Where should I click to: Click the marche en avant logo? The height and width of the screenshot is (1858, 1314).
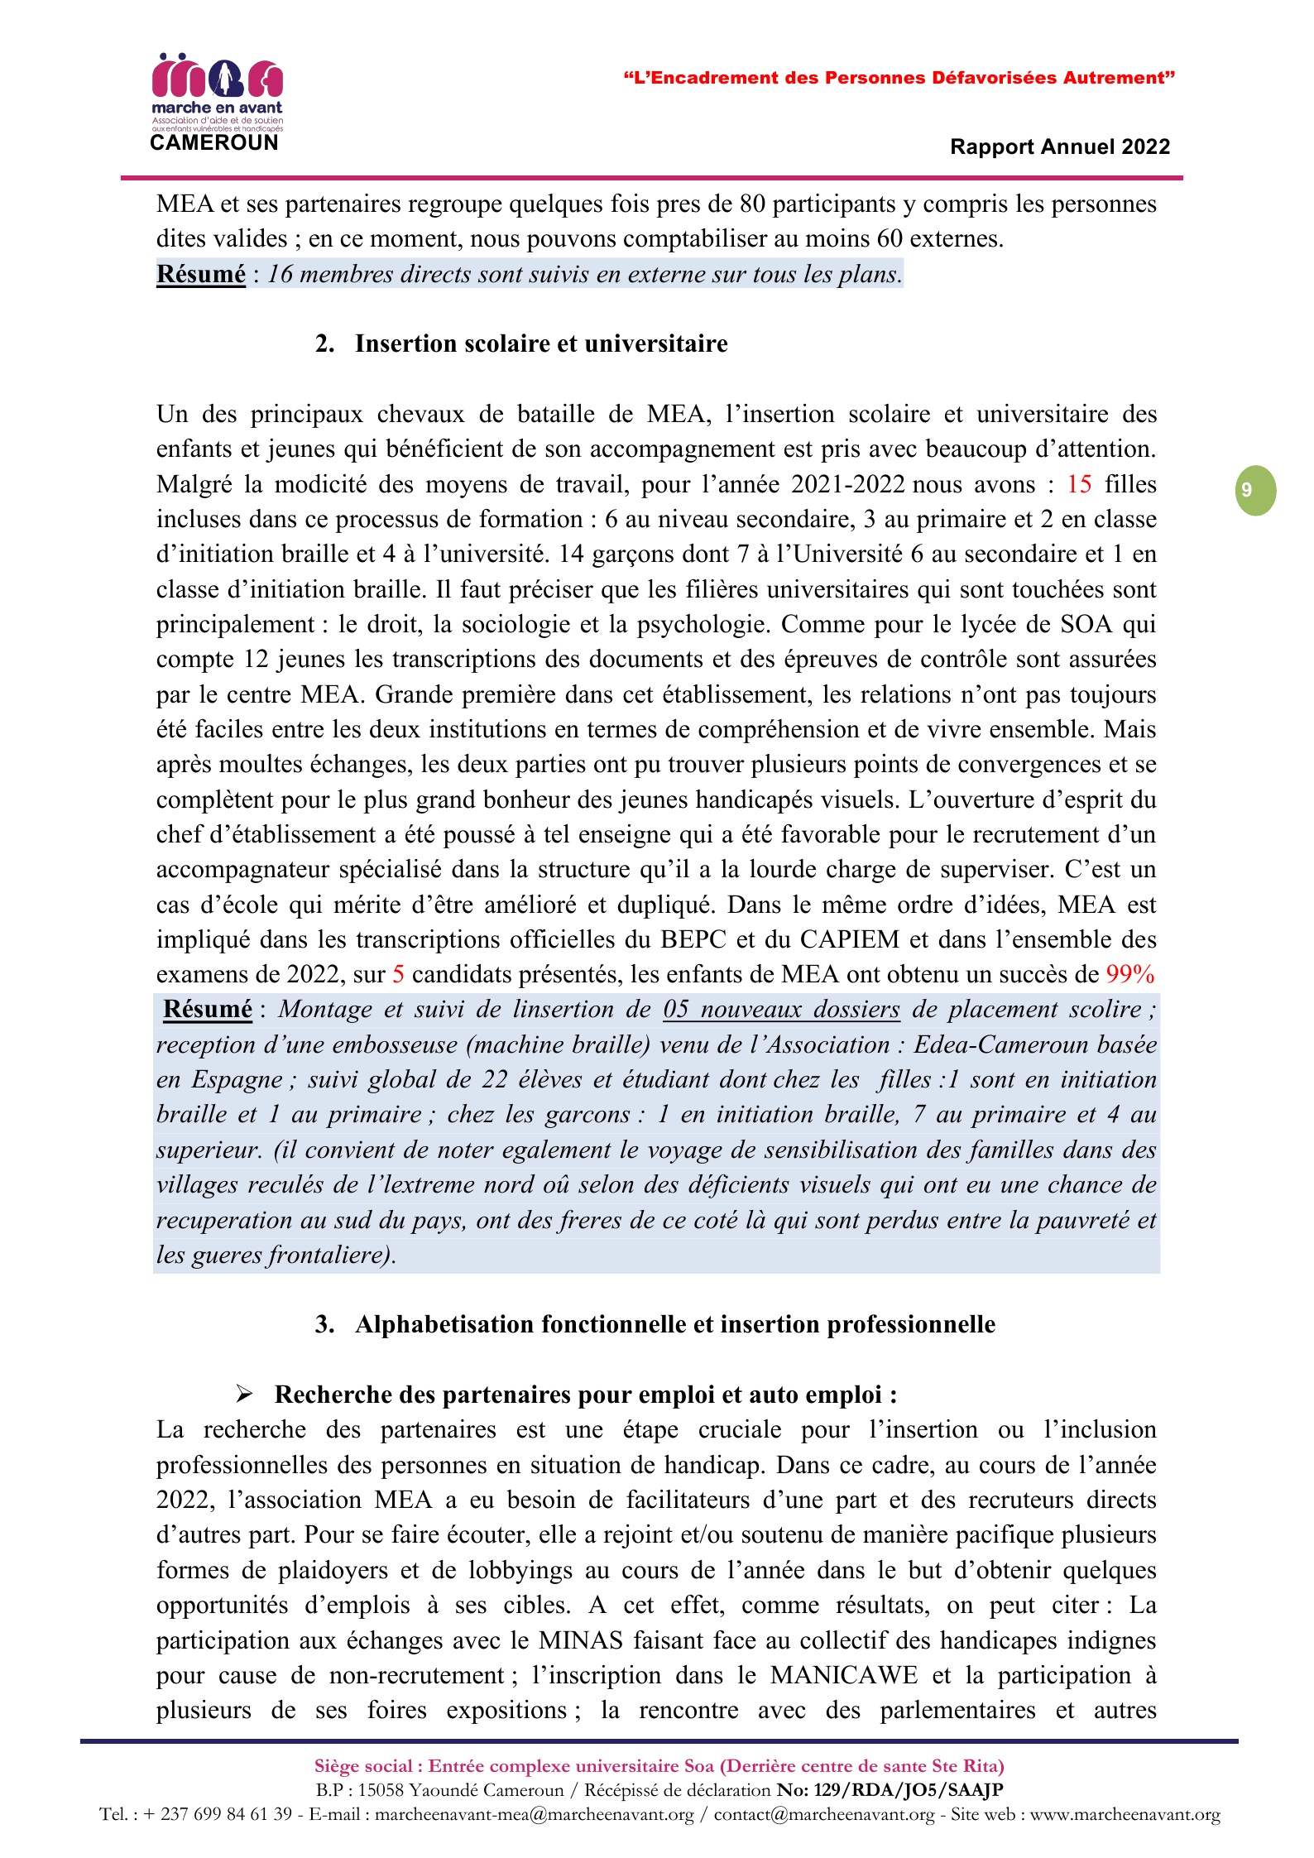[x=217, y=91]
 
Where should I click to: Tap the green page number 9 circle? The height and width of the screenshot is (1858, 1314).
[x=1255, y=491]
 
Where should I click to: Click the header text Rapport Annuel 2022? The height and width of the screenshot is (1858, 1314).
[x=1059, y=147]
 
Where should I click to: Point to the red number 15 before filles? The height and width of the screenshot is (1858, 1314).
[x=1079, y=484]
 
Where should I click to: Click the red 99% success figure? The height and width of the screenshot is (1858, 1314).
[x=1129, y=974]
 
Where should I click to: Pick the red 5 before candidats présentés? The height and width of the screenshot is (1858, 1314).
[x=398, y=974]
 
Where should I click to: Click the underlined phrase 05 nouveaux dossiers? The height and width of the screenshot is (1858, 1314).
[x=781, y=1010]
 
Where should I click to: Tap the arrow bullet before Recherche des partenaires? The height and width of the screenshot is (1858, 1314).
[x=244, y=1395]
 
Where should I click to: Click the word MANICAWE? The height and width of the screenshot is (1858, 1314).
[x=844, y=1675]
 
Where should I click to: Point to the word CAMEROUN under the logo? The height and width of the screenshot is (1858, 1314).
[x=214, y=143]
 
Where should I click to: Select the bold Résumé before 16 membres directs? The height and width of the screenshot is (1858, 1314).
[x=201, y=274]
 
